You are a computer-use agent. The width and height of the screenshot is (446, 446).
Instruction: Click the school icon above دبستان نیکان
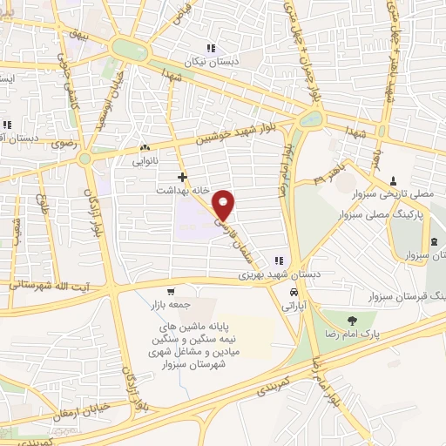pyautogui.click(x=209, y=49)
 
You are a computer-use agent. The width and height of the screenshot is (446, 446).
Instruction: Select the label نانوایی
pyautogui.click(x=145, y=161)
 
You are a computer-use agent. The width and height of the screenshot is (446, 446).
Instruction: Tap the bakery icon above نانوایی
pyautogui.click(x=145, y=148)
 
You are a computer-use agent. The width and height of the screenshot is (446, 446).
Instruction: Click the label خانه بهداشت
pyautogui.click(x=182, y=189)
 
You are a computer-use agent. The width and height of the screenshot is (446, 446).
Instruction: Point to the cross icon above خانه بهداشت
pyautogui.click(x=182, y=177)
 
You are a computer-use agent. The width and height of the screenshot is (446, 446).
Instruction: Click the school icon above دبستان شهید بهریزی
pyautogui.click(x=279, y=260)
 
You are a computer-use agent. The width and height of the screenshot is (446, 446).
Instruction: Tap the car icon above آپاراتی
pyautogui.click(x=296, y=293)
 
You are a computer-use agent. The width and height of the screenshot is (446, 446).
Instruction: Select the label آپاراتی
pyautogui.click(x=296, y=307)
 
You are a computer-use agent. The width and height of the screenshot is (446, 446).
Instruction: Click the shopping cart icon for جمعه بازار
pyautogui.click(x=172, y=292)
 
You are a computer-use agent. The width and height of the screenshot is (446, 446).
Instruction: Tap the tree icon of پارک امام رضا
pyautogui.click(x=352, y=319)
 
